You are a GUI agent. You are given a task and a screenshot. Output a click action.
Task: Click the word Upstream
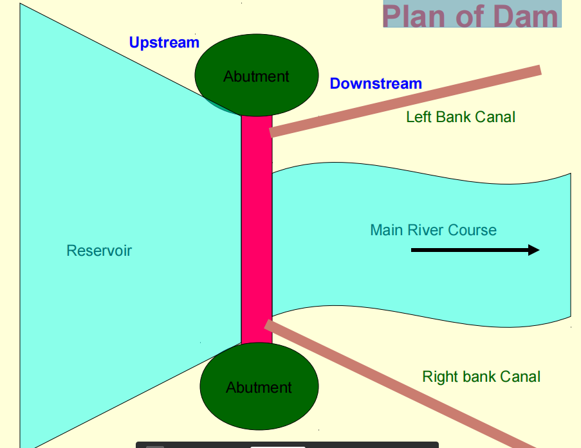pyautogui.click(x=164, y=43)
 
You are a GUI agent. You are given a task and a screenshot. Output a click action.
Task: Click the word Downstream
pyautogui.click(x=376, y=84)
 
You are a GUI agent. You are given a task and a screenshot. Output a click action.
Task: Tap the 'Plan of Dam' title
pyautogui.click(x=470, y=16)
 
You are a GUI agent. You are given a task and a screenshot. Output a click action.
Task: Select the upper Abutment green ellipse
pyautogui.click(x=257, y=75)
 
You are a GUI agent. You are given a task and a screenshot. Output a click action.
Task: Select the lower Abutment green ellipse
pyautogui.click(x=259, y=386)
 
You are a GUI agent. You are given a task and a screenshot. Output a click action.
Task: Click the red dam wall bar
pyautogui.click(x=257, y=229)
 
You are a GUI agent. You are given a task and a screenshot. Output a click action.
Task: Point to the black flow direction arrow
pyautogui.click(x=475, y=250)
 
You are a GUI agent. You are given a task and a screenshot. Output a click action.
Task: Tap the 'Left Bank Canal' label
pyautogui.click(x=461, y=117)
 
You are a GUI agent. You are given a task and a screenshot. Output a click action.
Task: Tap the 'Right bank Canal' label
pyautogui.click(x=481, y=377)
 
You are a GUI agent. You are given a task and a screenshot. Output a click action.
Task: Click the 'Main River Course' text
pyautogui.click(x=433, y=230)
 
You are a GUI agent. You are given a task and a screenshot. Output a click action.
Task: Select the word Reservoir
pyautogui.click(x=99, y=251)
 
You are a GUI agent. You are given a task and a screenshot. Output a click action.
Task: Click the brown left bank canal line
pyautogui.click(x=405, y=101)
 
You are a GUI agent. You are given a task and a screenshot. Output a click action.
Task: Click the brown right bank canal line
pyautogui.click(x=400, y=385)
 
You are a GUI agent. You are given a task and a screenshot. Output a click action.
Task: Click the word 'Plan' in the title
pyautogui.click(x=414, y=16)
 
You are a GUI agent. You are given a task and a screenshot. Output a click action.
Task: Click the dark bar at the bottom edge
pyautogui.click(x=287, y=445)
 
